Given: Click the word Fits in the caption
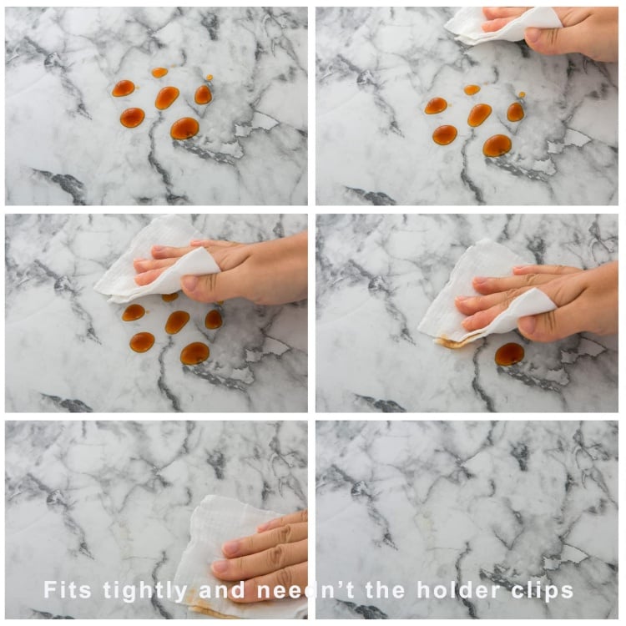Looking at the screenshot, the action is [x=67, y=589].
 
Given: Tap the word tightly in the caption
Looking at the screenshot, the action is [x=145, y=591].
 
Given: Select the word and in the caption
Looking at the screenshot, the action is [x=221, y=589].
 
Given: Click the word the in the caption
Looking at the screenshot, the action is [x=386, y=589].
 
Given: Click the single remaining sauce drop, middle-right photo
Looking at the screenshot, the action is [x=509, y=354].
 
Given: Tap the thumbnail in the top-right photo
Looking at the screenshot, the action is [x=535, y=35].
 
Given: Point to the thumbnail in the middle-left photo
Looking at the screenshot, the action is [x=190, y=283].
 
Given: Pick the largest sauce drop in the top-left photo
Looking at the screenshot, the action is [x=184, y=129].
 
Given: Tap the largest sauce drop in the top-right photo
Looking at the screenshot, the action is [x=497, y=145].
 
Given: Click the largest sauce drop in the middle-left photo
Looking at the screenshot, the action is [x=194, y=353].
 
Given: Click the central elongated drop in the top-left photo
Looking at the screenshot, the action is [x=167, y=98].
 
